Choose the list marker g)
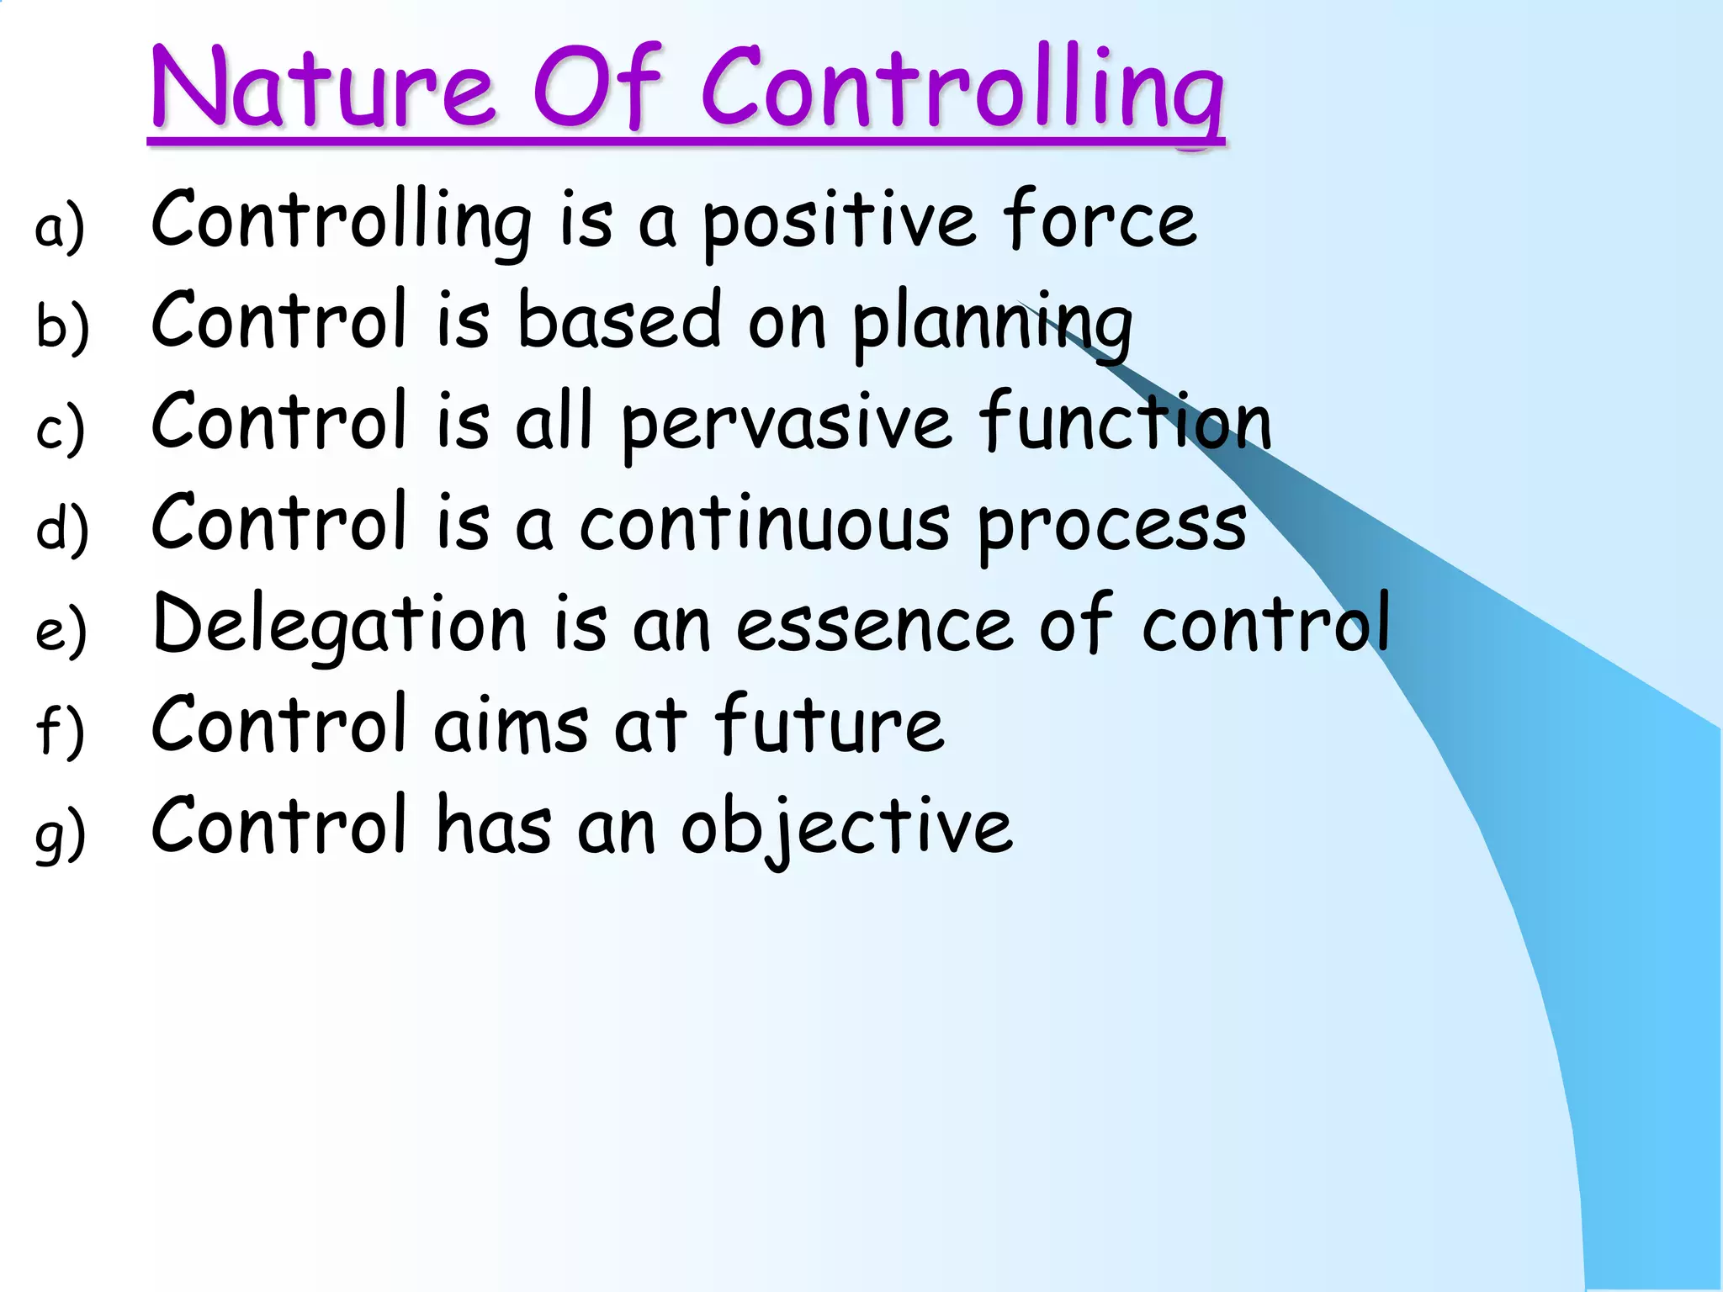point(60,833)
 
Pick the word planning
point(993,324)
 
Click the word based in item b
point(619,320)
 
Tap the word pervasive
point(786,425)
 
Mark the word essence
point(875,627)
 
